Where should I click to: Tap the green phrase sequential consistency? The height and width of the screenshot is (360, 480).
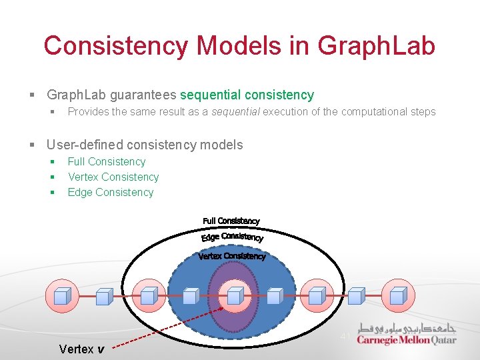[x=247, y=95]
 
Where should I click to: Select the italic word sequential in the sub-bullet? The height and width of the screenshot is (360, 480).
[x=235, y=112]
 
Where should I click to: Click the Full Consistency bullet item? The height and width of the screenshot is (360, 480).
[x=106, y=161]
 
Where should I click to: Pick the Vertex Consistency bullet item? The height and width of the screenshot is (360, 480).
[x=113, y=177]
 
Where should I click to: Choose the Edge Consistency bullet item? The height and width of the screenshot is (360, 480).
[x=110, y=192]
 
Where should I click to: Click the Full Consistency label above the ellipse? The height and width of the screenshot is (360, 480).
[x=231, y=221]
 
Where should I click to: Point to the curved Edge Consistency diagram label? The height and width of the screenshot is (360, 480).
[x=232, y=237]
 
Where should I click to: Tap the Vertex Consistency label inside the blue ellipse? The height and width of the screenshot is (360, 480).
[x=231, y=256]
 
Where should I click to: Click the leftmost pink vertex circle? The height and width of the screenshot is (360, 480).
[x=62, y=295]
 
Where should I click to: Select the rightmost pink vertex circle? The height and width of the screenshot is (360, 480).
[x=398, y=295]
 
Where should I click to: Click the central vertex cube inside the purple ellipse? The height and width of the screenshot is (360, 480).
[x=233, y=295]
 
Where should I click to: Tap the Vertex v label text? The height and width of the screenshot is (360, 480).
[x=81, y=349]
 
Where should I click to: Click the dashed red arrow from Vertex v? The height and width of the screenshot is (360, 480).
[x=167, y=329]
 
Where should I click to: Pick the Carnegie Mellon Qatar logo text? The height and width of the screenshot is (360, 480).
[x=406, y=340]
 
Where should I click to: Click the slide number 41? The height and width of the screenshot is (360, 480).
[x=345, y=336]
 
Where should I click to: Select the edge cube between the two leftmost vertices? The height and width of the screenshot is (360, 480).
[x=104, y=295]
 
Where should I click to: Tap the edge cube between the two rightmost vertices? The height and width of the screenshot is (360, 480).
[x=356, y=295]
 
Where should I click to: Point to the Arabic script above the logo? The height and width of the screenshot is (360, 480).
[x=406, y=328]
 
